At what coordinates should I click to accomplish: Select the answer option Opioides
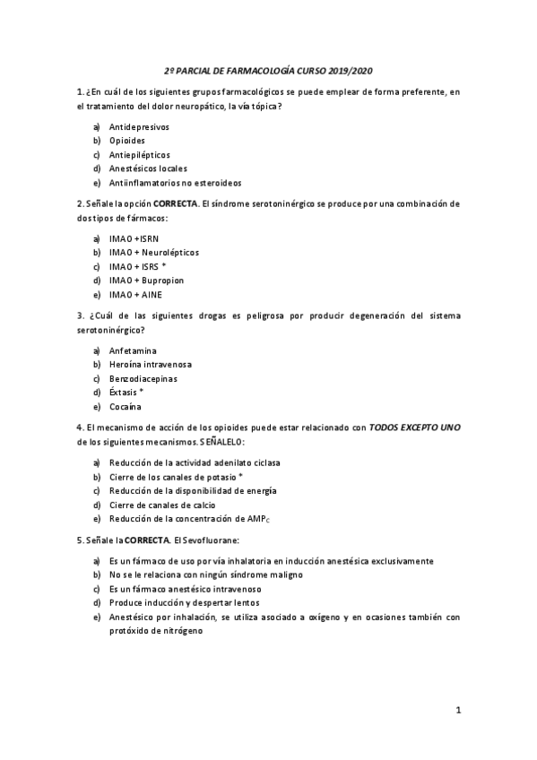[x=127, y=141]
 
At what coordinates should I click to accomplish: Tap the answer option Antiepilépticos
[x=139, y=154]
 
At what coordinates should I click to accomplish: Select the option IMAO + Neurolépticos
[x=154, y=253]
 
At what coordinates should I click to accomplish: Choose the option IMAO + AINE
[x=135, y=295]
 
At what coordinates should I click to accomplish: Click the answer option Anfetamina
[x=132, y=350]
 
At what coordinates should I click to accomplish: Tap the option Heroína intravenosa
[x=151, y=365]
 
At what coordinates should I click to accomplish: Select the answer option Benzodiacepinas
[x=143, y=379]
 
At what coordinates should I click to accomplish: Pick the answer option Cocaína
[x=126, y=407]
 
